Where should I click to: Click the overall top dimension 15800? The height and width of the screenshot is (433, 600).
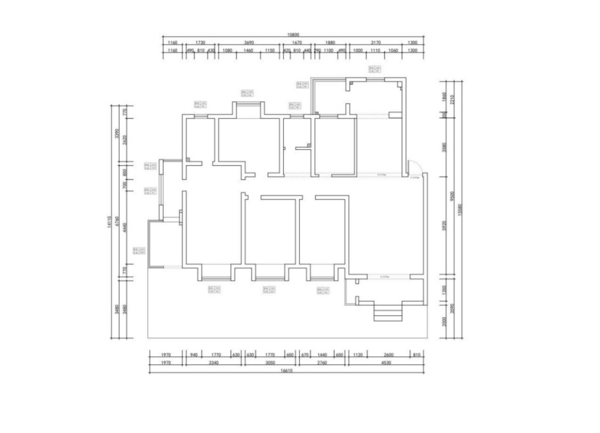point(293,35)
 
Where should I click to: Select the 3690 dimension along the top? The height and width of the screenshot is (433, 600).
point(249,43)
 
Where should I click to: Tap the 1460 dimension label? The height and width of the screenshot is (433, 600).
point(248,51)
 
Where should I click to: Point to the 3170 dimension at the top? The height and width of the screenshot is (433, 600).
point(376,43)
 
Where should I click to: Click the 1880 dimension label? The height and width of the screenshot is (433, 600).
point(330,43)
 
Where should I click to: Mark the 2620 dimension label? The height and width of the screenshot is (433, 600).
point(125,140)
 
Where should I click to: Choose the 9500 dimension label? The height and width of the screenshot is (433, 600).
point(452,195)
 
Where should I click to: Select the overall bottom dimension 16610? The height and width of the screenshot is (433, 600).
point(286,371)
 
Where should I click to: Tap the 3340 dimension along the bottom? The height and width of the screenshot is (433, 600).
point(213,363)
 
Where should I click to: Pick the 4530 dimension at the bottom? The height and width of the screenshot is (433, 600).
point(385,363)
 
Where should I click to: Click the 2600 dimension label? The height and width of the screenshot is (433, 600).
point(388,355)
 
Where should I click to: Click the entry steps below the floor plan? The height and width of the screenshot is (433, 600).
point(388,314)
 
